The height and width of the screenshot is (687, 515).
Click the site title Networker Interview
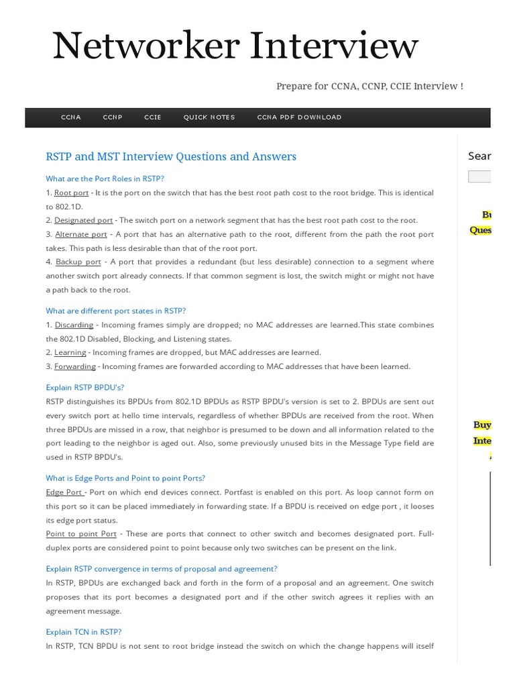(235, 47)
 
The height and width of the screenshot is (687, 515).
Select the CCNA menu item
(71, 117)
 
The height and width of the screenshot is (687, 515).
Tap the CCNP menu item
(113, 117)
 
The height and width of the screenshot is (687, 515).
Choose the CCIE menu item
(153, 117)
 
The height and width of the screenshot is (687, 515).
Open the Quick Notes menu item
(209, 117)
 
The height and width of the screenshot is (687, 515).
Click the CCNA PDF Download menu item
(299, 117)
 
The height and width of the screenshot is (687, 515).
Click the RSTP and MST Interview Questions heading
(171, 156)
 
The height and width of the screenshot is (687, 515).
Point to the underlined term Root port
(72, 193)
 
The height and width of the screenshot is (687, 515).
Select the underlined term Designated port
(84, 220)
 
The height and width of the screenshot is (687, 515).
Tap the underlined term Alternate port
(81, 234)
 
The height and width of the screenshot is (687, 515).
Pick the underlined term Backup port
(78, 262)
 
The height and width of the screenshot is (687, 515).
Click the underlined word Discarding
(74, 325)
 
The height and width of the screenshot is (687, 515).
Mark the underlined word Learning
(70, 352)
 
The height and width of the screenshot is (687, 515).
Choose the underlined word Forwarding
(75, 366)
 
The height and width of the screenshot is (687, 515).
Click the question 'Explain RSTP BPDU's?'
(85, 387)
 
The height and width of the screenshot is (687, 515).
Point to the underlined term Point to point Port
(81, 534)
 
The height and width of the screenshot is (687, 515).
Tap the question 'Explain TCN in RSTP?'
(84, 631)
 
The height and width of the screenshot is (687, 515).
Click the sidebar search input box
(479, 177)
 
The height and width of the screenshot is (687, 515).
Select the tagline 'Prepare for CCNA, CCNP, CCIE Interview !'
(369, 87)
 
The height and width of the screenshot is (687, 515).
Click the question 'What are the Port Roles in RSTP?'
(105, 178)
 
